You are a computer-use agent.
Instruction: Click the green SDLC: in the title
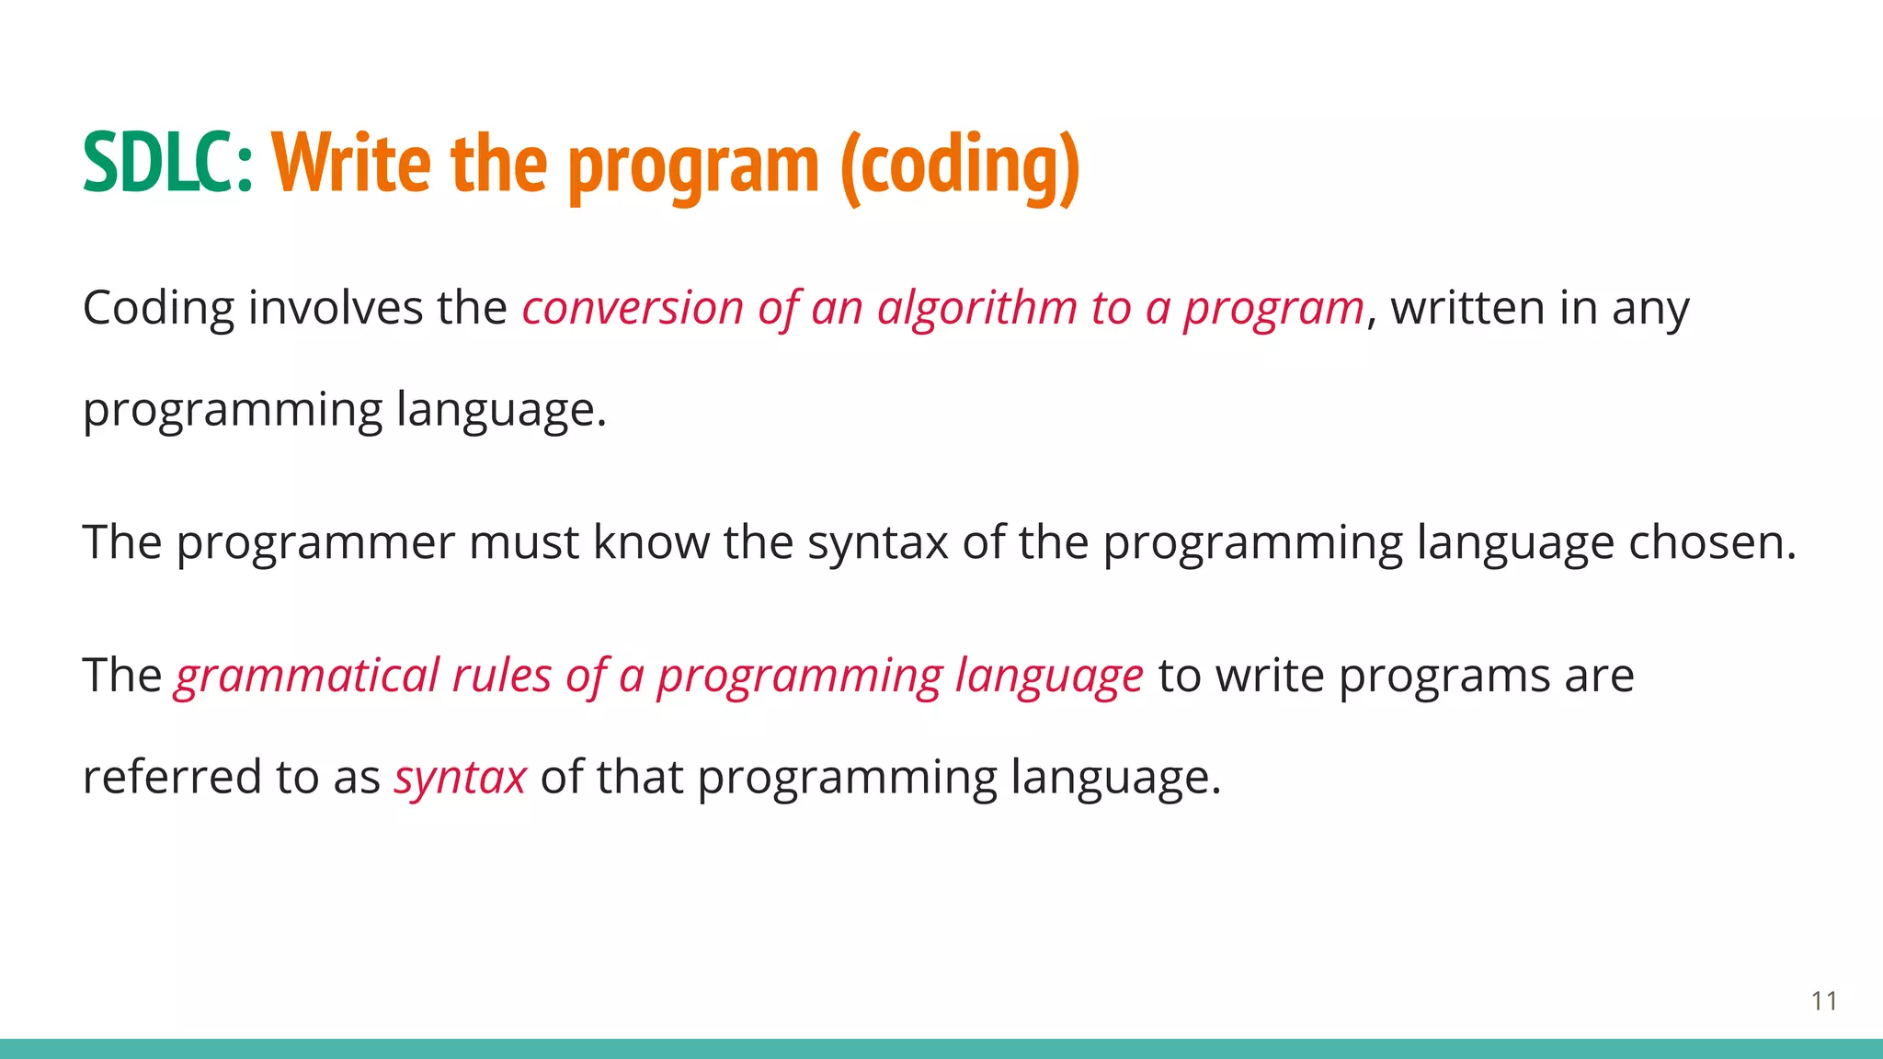pos(166,164)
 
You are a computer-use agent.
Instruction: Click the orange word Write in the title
pos(350,164)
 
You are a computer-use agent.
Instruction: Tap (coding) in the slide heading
pos(959,165)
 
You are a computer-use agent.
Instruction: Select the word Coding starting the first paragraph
pos(158,309)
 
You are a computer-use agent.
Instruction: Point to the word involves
pos(335,307)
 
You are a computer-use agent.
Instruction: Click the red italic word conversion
pos(633,308)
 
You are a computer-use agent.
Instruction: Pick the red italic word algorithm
pos(976,308)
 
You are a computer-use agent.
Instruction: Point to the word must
pos(524,542)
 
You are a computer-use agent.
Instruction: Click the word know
pos(650,541)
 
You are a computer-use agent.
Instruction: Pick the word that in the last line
pos(639,777)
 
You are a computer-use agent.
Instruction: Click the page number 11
pos(1824,1001)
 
